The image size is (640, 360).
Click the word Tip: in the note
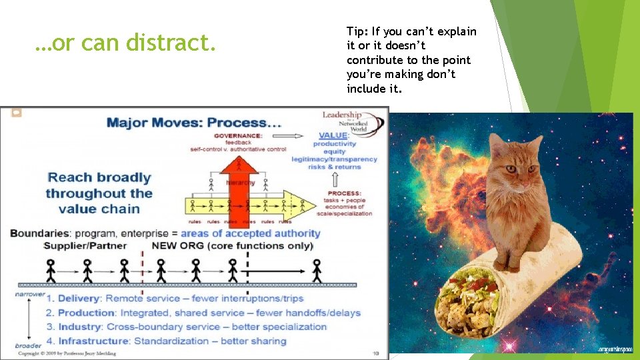tap(359, 31)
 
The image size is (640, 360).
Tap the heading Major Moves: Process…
tap(194, 123)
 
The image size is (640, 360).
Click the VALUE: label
tap(333, 135)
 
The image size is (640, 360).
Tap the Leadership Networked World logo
tap(351, 121)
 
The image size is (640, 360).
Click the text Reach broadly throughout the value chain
tap(99, 193)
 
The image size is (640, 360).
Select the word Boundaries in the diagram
tap(37, 233)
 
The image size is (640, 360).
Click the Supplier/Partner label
tap(76, 245)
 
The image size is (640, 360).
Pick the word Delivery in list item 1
tap(79, 298)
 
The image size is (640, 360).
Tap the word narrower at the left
tap(30, 293)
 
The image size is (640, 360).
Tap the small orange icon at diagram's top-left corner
tap(17, 113)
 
